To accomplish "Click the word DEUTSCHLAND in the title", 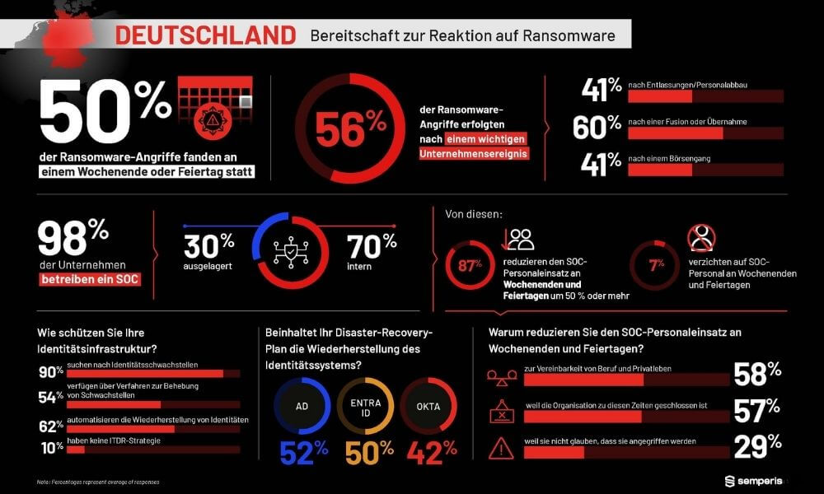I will (x=204, y=35).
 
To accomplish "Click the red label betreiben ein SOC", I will (x=89, y=279).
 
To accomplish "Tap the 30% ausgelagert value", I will (x=208, y=245).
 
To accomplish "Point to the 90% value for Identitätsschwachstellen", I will (x=51, y=372).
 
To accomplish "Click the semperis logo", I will (x=751, y=480).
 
